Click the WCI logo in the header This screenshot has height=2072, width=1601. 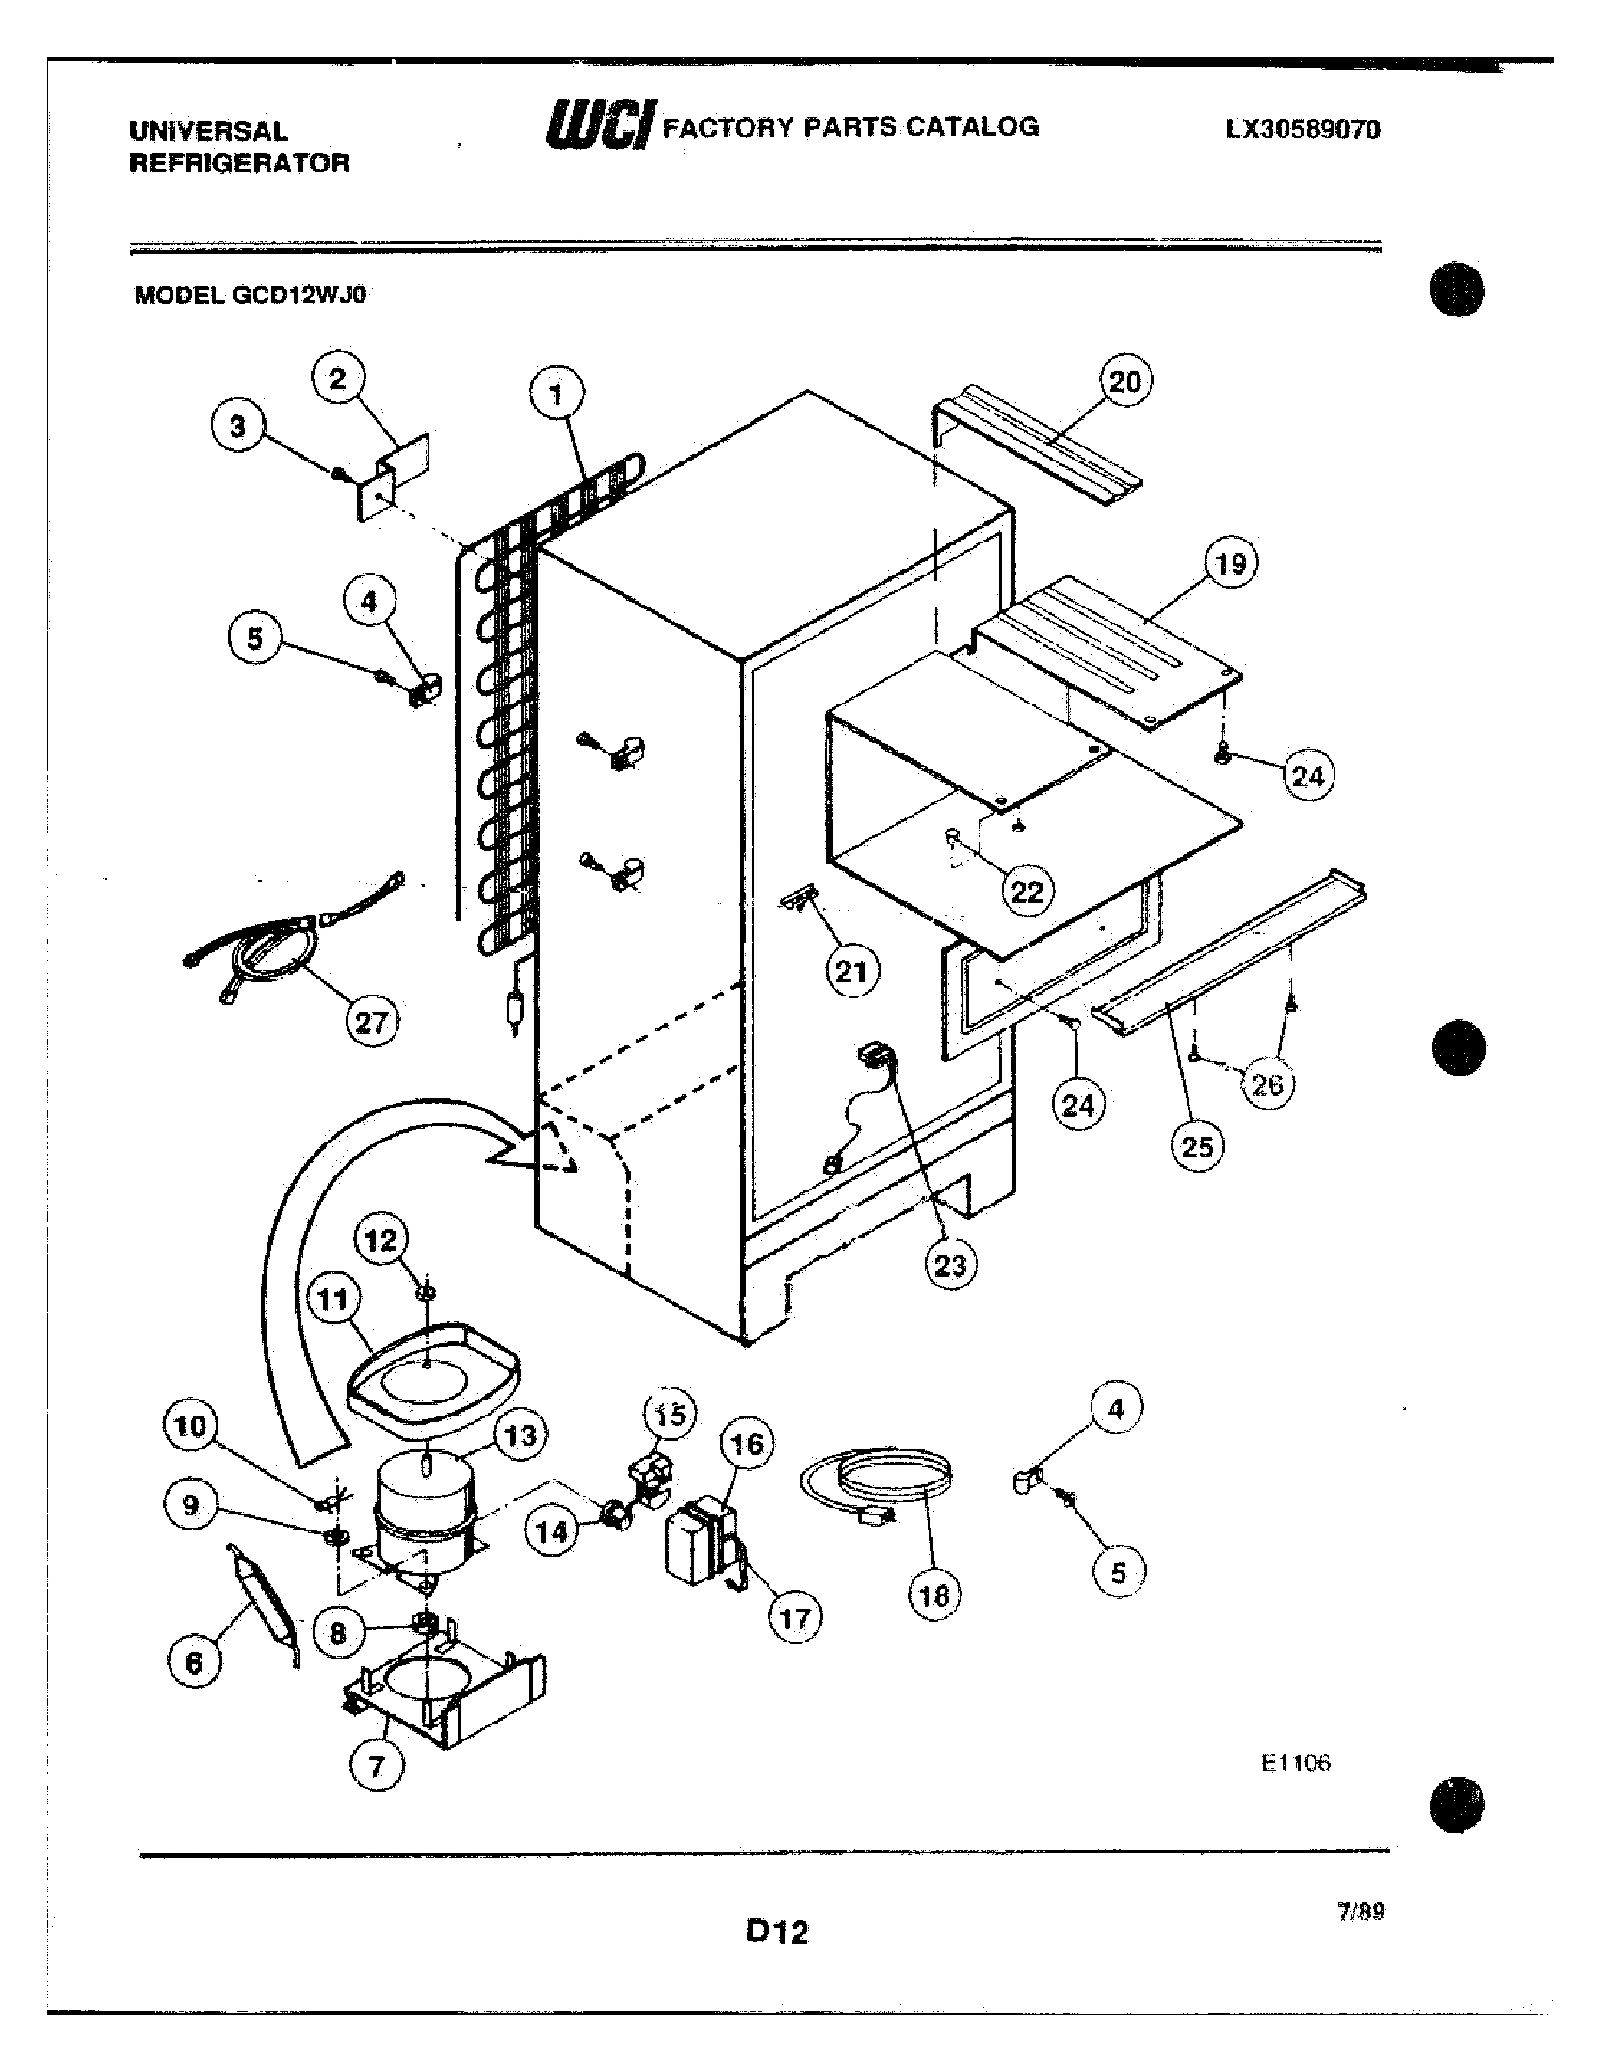click(599, 125)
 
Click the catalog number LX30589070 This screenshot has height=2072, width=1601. click(1302, 130)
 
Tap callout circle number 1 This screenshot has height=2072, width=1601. click(556, 394)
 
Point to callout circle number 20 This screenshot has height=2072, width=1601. click(1124, 381)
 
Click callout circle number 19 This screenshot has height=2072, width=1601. click(1230, 562)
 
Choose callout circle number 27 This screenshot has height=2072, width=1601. click(371, 1022)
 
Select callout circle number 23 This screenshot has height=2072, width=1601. click(949, 1264)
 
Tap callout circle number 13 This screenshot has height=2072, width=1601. click(521, 1435)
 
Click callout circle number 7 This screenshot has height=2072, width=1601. click(377, 1766)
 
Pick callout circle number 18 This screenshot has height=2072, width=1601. click(933, 1594)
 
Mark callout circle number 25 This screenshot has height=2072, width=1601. click(1197, 1146)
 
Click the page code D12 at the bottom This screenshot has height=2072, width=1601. click(777, 1933)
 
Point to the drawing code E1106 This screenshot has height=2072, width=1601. click(1296, 1763)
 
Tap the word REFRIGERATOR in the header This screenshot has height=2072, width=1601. click(239, 163)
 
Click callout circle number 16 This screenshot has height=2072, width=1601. click(747, 1444)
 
